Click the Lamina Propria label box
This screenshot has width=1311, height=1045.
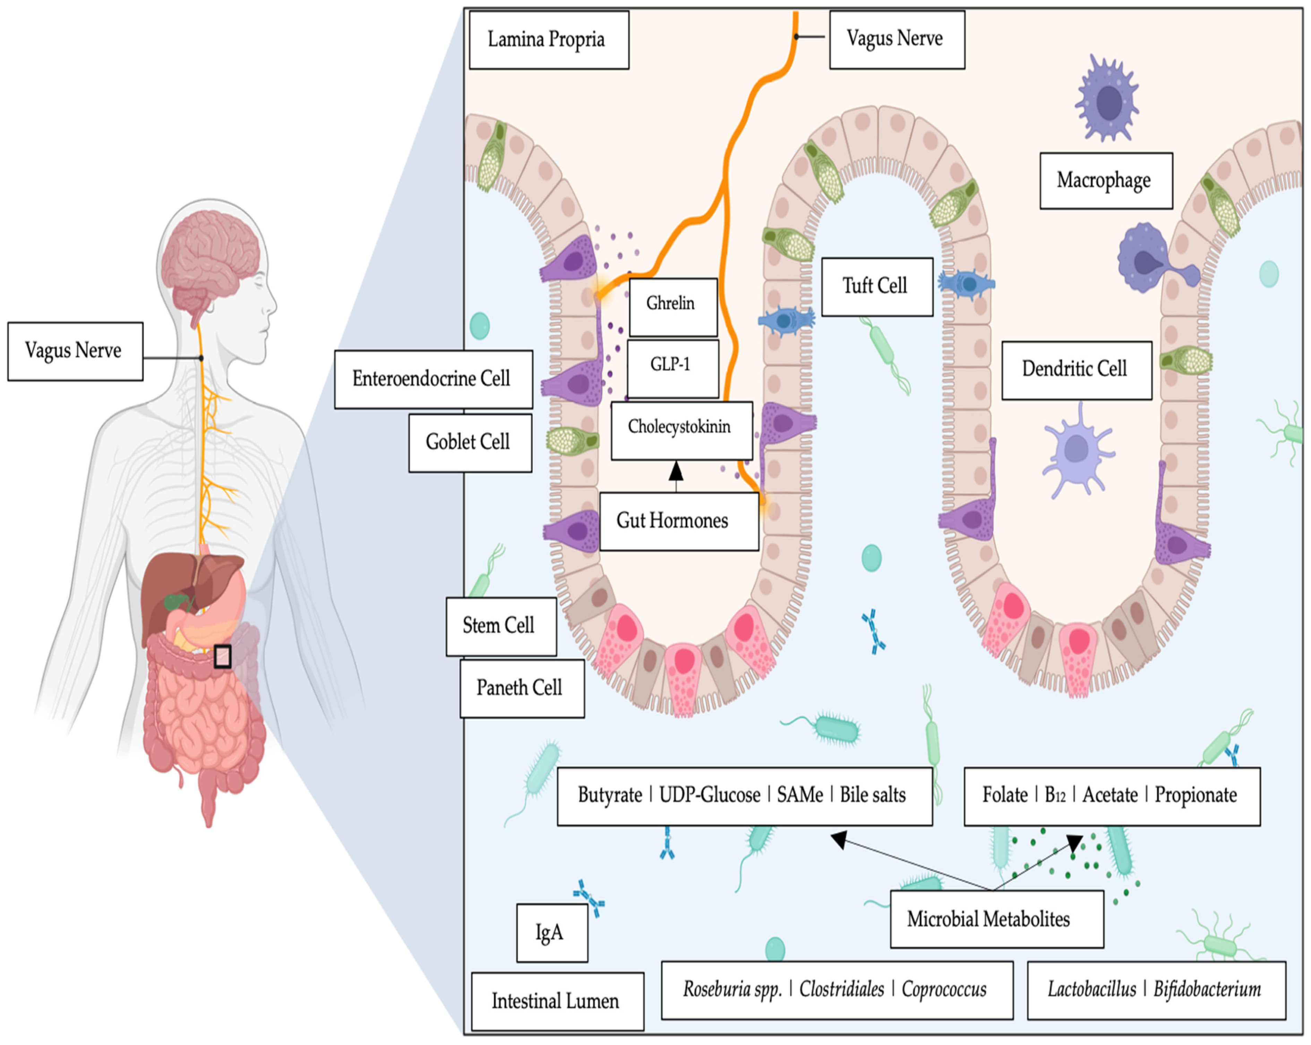tap(548, 40)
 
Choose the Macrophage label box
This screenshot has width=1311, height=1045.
tap(1105, 181)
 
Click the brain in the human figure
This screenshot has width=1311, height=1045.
tap(210, 255)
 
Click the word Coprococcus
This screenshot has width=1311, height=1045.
tap(944, 989)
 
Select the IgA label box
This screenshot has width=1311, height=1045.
tap(551, 933)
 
